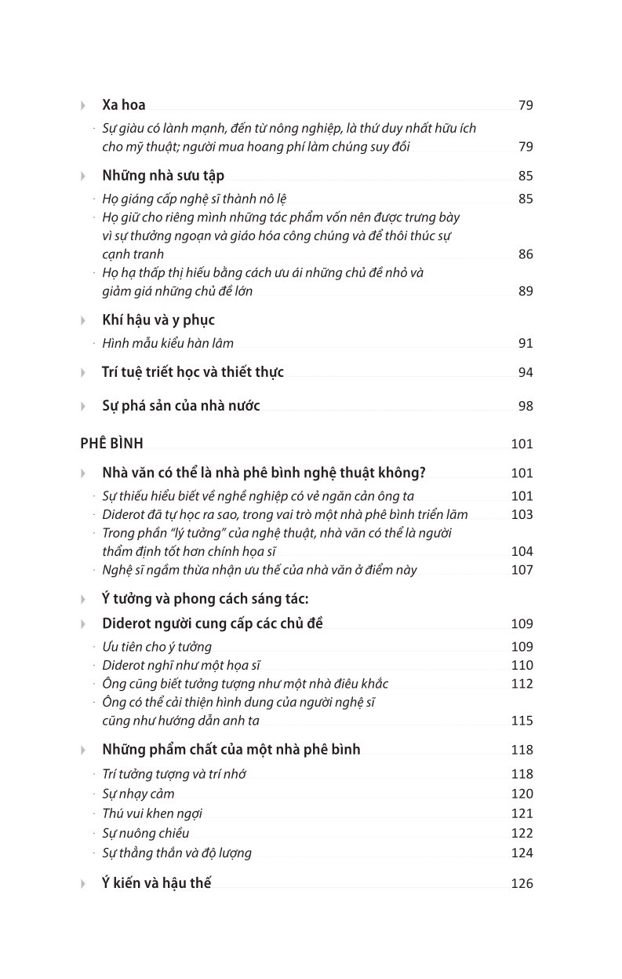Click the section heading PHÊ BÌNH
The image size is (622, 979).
111,444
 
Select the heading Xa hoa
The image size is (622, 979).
124,105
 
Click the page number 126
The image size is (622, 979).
522,884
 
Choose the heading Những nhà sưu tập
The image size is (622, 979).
163,176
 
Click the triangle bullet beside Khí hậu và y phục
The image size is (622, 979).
83,321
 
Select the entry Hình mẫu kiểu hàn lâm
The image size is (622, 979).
168,343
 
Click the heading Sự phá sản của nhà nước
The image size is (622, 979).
181,406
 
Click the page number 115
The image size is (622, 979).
522,721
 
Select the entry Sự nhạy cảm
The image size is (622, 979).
138,794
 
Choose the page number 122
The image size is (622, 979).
522,834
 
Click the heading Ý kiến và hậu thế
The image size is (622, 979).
157,883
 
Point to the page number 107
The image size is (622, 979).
522,570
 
